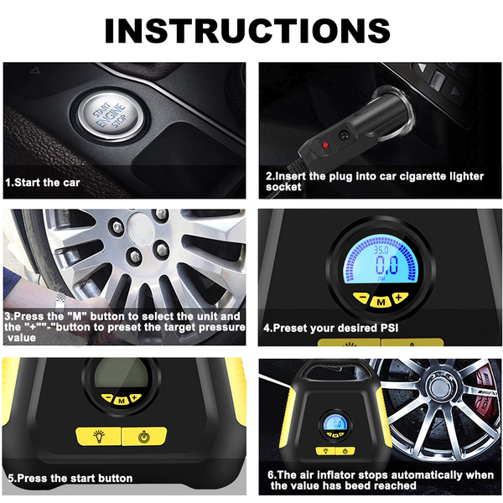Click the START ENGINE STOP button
click(x=110, y=115)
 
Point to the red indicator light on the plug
click(x=325, y=145)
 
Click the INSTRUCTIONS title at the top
click(x=247, y=31)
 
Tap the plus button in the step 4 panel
click(x=399, y=298)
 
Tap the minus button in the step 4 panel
click(x=362, y=298)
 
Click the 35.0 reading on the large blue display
click(x=381, y=250)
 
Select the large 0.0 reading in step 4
click(x=386, y=265)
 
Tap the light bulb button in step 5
click(x=99, y=436)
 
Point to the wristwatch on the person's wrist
click(x=60, y=301)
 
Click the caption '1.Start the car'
click(x=43, y=183)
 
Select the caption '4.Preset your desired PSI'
click(x=331, y=328)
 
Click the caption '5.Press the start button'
click(x=70, y=479)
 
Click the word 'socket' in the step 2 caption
click(x=283, y=187)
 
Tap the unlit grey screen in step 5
click(x=122, y=375)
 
